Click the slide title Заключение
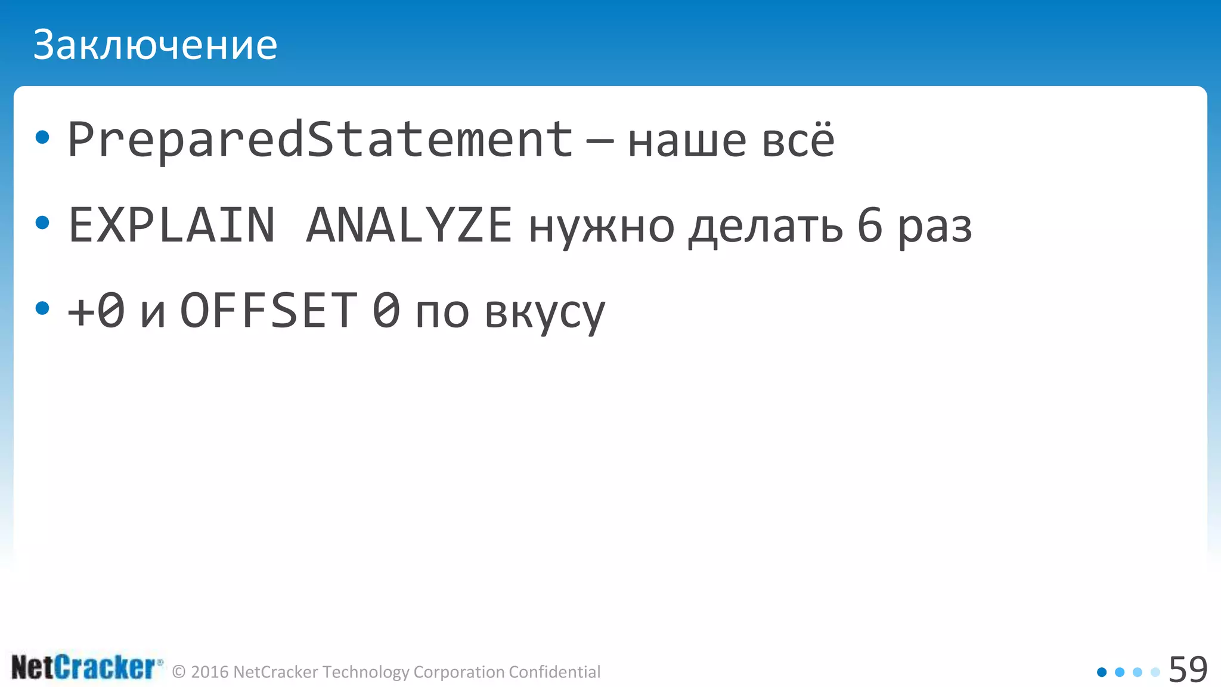tap(155, 45)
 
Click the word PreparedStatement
tap(320, 140)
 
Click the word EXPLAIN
tap(172, 225)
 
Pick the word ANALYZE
tap(409, 225)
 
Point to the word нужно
tap(602, 228)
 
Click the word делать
tap(766, 228)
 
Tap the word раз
tap(935, 229)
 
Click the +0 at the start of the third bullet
tap(96, 311)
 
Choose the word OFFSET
tap(269, 311)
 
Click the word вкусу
tap(545, 314)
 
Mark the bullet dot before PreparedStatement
tap(42, 138)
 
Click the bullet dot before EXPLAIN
tap(42, 223)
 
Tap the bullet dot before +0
tap(42, 308)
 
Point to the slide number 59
tap(1188, 669)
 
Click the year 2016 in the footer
tap(210, 672)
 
